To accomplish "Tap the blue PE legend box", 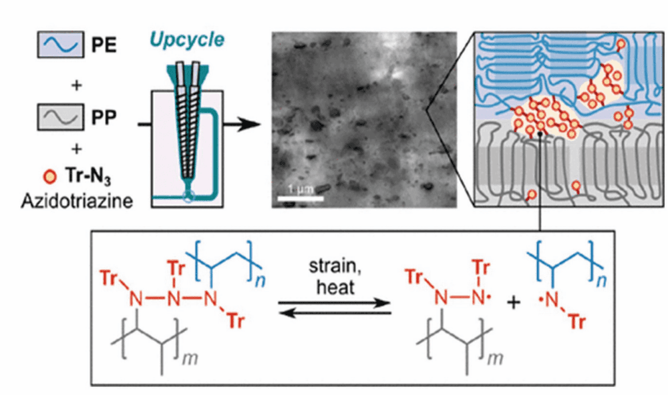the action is coord(61,44).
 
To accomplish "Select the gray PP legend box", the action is coord(61,117).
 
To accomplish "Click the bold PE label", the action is coord(104,45).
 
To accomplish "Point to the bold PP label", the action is coord(104,117).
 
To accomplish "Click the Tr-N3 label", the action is coord(88,175).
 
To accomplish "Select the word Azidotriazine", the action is coord(77,201).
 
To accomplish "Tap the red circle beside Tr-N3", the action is coord(51,176).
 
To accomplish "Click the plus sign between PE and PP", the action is coord(77,85).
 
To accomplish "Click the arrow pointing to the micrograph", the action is coord(242,125).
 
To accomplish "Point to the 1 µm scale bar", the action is coord(301,198).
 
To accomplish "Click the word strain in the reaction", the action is coord(334,266).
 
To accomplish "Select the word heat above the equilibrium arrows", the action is coord(335,288).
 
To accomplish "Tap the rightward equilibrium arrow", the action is coord(335,303).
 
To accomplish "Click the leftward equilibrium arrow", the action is coord(335,314).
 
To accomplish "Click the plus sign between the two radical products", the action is coord(514,303).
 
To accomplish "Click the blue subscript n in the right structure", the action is coord(602,282).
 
